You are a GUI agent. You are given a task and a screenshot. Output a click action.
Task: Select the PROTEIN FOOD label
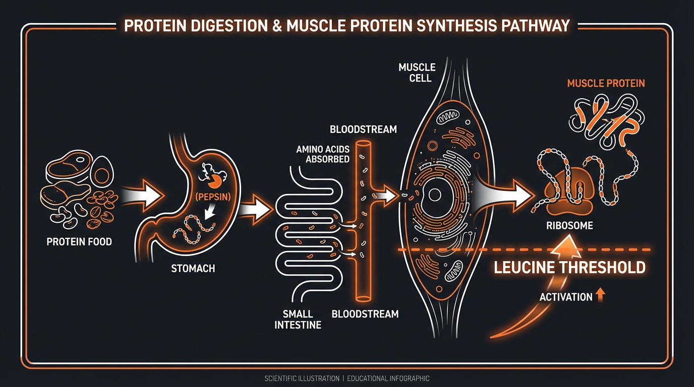pos(79,242)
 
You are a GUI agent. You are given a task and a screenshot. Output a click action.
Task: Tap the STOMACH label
pos(193,268)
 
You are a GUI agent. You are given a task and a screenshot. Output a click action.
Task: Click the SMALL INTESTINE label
pos(298,319)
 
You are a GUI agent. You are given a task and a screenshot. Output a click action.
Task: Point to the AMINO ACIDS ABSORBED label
pos(323,154)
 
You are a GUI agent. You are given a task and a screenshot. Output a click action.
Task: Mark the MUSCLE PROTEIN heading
pos(606,83)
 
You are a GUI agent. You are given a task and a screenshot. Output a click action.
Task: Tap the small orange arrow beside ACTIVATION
pos(600,296)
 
